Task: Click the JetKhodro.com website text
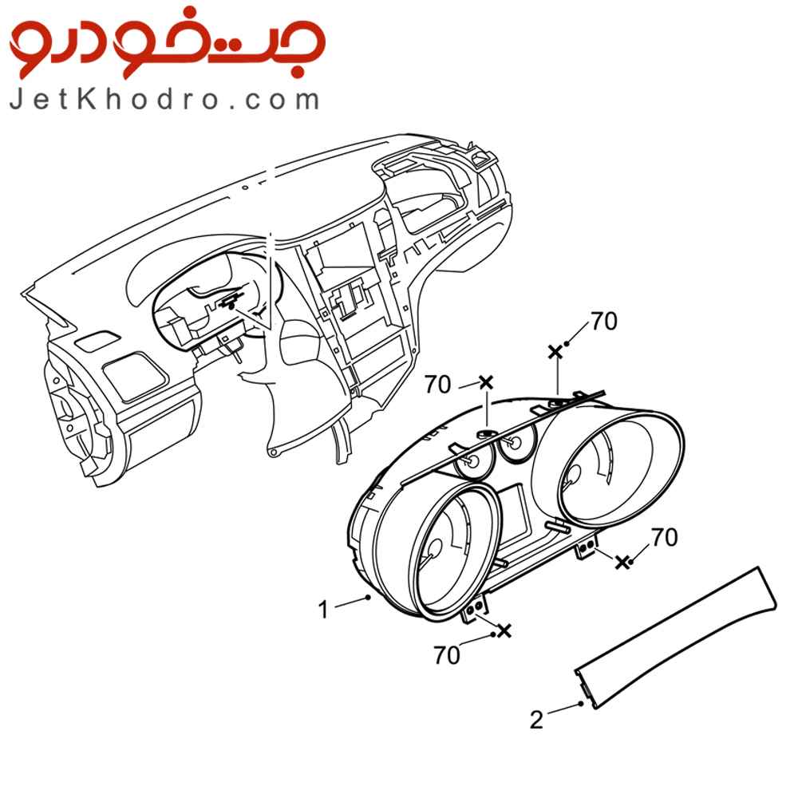164,100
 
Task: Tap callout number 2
536,720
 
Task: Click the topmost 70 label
604,321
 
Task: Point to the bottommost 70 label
446,655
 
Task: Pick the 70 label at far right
664,537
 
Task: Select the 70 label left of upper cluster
437,385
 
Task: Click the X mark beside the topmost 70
555,351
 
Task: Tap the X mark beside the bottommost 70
504,630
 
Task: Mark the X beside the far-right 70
622,562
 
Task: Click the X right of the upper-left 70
487,381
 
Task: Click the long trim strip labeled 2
676,637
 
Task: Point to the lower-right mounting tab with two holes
587,547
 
